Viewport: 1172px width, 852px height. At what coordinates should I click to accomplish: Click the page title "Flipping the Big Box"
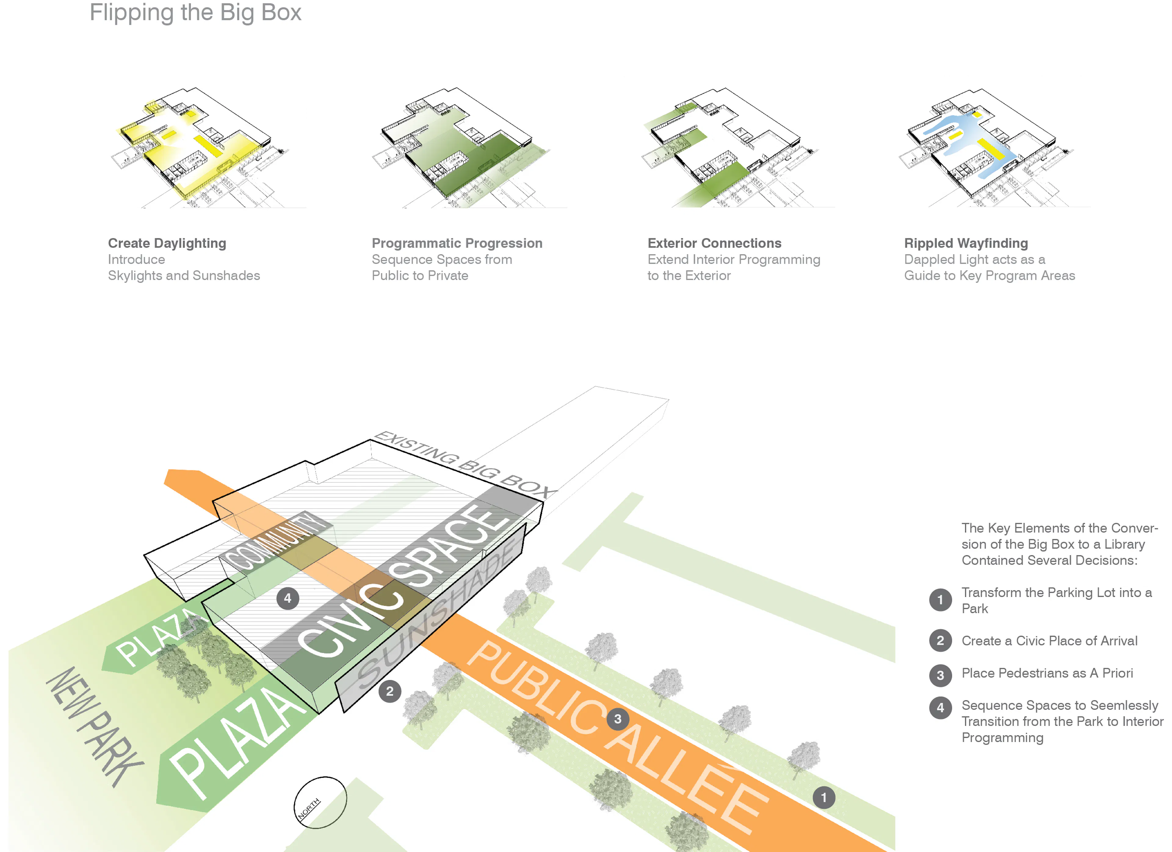pyautogui.click(x=195, y=13)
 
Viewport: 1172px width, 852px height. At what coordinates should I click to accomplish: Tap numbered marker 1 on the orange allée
pyautogui.click(x=824, y=797)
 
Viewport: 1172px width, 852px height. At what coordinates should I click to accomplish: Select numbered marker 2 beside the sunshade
pyautogui.click(x=390, y=691)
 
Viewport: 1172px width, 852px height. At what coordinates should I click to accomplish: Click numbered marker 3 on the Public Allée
pyautogui.click(x=617, y=719)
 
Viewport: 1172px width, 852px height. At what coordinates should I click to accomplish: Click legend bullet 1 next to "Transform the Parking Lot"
pyautogui.click(x=940, y=600)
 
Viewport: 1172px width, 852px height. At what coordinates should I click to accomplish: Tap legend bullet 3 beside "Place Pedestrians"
pyautogui.click(x=940, y=675)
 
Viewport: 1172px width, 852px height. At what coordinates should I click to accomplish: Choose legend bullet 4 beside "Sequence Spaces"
pyautogui.click(x=940, y=708)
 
